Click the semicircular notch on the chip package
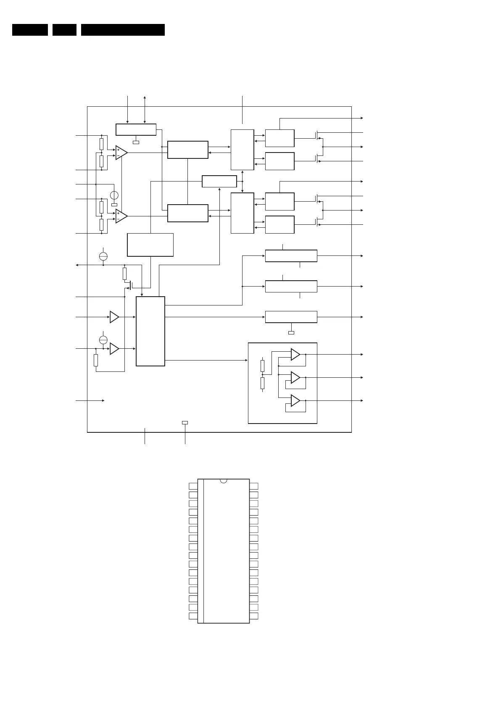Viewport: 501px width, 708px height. click(x=223, y=480)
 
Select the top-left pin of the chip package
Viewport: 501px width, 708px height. click(x=193, y=486)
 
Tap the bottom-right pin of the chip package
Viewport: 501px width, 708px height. click(x=254, y=616)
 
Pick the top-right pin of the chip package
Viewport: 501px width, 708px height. click(x=254, y=486)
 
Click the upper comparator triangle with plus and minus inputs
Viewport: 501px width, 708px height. click(x=121, y=153)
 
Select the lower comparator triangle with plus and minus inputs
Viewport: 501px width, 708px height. click(x=121, y=216)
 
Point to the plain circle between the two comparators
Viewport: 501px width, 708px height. click(x=114, y=195)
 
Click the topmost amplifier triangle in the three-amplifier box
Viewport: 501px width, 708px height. click(x=295, y=355)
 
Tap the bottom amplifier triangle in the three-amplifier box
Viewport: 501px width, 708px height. click(x=295, y=401)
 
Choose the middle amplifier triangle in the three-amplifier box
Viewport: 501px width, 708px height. click(x=295, y=378)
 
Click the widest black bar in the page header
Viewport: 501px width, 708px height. click(x=123, y=30)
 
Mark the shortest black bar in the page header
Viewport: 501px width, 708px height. click(x=64, y=30)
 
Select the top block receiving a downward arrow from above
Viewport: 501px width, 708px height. click(x=136, y=129)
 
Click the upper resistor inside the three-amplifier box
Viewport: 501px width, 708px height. click(x=262, y=366)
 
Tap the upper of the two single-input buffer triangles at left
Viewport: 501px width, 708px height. click(x=114, y=317)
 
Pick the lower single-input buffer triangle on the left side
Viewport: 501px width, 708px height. click(x=114, y=349)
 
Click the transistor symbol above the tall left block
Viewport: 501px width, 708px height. click(x=130, y=286)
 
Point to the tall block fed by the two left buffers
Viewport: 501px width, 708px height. click(x=150, y=331)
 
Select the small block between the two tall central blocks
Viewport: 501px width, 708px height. click(x=219, y=182)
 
